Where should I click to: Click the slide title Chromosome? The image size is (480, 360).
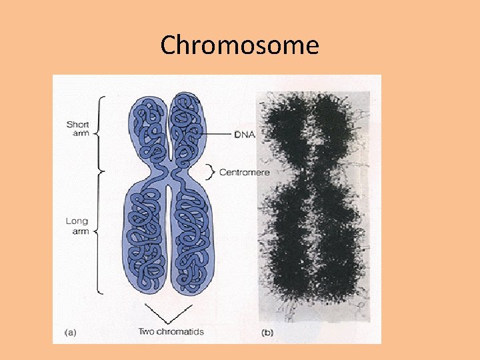(239, 45)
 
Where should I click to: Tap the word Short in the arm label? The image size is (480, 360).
(77, 124)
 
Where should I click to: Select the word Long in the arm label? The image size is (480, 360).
(77, 221)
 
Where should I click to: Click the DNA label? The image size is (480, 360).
(244, 134)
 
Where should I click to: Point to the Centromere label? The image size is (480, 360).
(244, 172)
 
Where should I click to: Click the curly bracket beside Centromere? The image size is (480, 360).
(212, 172)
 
